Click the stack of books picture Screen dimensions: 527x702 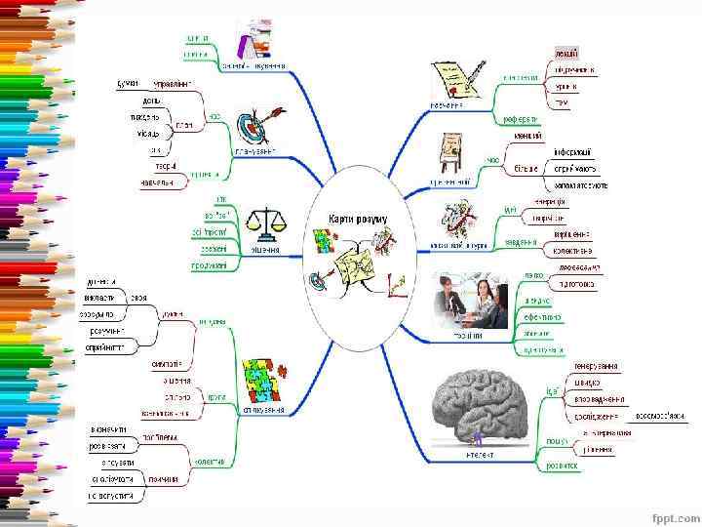coord(256,41)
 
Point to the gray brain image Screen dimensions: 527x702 coord(484,409)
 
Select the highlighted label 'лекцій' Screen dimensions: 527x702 coord(566,52)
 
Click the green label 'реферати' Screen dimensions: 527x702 coord(520,120)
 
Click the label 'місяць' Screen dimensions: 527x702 coord(148,133)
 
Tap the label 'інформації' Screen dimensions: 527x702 coord(572,153)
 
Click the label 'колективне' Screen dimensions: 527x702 coord(572,251)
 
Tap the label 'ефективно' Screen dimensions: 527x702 coord(544,317)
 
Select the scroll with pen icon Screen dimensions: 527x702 coord(456,79)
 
